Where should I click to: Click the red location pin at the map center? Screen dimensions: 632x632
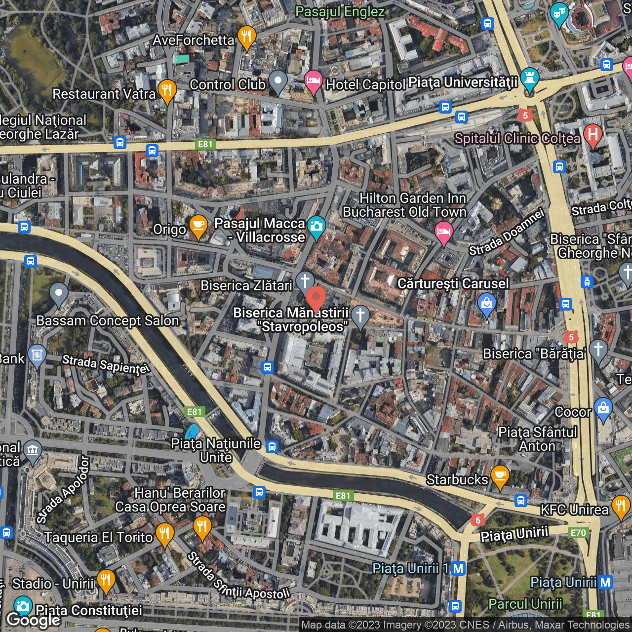point(316,298)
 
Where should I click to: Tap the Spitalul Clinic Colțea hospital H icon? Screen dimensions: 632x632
point(592,134)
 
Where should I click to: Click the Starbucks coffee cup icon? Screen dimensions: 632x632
point(500,475)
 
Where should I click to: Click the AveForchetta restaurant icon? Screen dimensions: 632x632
point(246,36)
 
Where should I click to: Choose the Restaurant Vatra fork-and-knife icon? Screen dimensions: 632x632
point(167,90)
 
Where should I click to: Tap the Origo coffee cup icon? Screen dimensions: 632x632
point(198,226)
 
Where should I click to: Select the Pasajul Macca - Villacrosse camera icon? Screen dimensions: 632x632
point(316,227)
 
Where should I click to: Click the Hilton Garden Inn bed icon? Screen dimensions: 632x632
point(443,231)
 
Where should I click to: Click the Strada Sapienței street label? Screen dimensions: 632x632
point(105,364)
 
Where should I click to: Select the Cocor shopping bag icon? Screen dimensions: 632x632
point(603,408)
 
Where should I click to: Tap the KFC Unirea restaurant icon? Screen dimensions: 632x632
point(621,506)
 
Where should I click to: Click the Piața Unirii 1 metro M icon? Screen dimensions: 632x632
point(458,568)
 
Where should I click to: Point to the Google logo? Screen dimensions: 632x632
point(34,620)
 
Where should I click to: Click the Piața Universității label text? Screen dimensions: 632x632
point(463,82)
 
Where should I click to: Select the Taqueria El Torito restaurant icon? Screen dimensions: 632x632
point(164,534)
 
